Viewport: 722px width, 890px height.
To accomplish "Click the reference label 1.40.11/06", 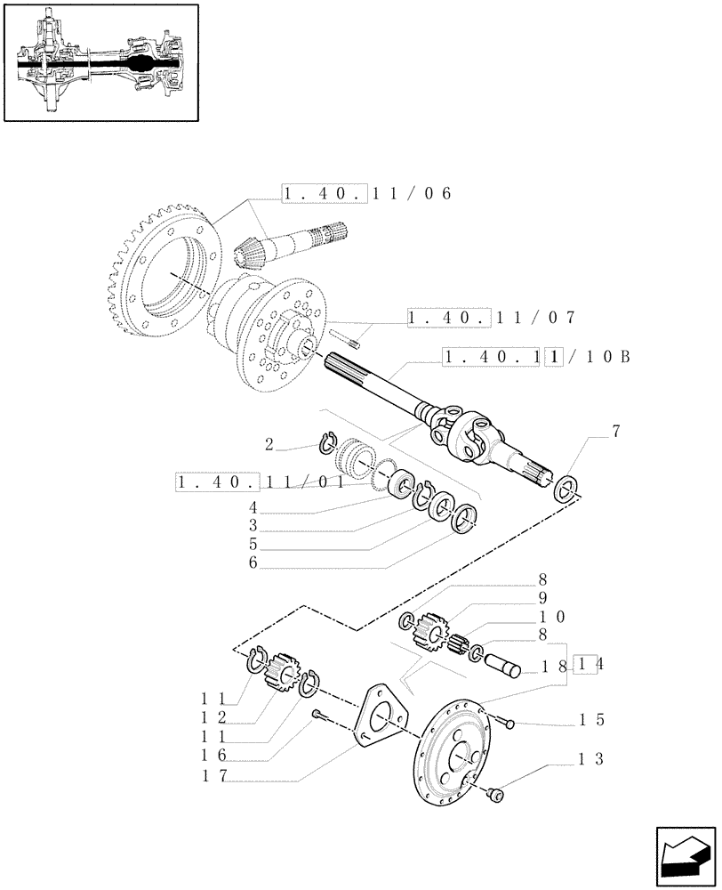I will (x=367, y=194).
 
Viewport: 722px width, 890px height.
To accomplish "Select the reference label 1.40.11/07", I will (x=491, y=317).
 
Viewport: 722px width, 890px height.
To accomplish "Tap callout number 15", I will (x=591, y=719).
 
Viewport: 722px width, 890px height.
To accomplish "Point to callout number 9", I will (x=541, y=598).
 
